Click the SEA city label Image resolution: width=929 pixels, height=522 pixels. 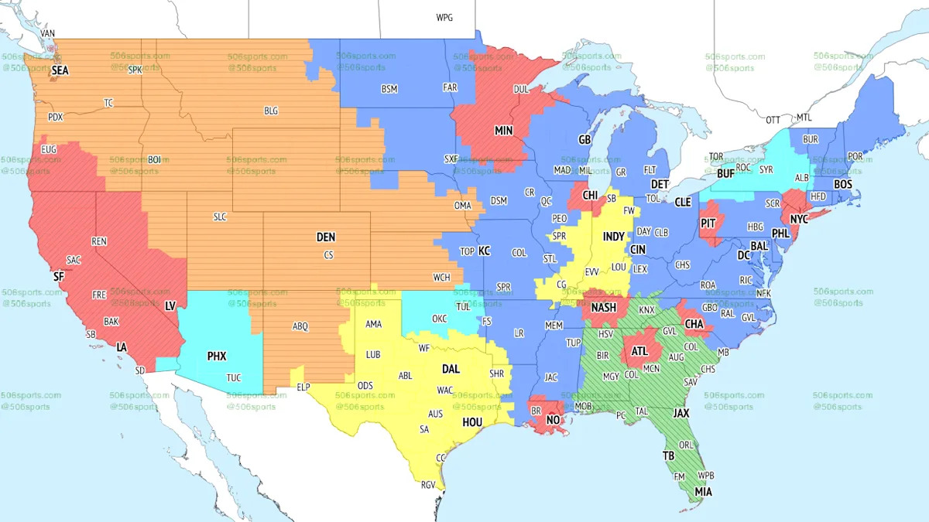[x=60, y=70]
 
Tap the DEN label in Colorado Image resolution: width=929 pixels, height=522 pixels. [x=326, y=237]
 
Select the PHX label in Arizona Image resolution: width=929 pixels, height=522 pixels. [x=217, y=357]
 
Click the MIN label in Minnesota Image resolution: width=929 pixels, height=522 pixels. [x=504, y=131]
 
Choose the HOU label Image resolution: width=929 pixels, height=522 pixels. [x=472, y=422]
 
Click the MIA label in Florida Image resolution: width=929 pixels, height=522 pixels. [x=704, y=492]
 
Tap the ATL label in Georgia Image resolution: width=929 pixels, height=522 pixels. [x=639, y=350]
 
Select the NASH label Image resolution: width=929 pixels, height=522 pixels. [x=604, y=308]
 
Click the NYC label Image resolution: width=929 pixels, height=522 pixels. [x=798, y=219]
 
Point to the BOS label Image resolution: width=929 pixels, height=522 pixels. [x=842, y=185]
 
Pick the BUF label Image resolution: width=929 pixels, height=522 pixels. [x=725, y=174]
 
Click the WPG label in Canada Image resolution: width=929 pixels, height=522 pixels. [x=444, y=18]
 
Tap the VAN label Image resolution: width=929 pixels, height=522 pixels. [x=48, y=34]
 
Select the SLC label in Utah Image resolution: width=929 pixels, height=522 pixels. [x=220, y=217]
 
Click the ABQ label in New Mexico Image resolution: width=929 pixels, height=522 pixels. [x=300, y=326]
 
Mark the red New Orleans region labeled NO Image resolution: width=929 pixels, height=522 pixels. [x=554, y=420]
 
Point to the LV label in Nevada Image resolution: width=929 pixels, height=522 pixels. [x=170, y=306]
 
